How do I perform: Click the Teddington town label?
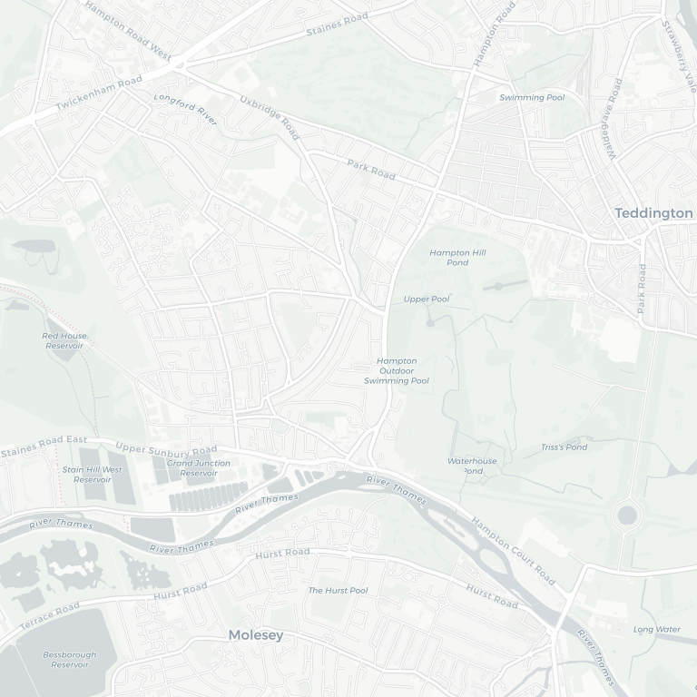tap(653, 212)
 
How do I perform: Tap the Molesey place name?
tap(256, 635)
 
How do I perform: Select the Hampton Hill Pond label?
tap(450, 258)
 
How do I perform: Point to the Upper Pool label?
tap(427, 299)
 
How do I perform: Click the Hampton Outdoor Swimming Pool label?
tap(397, 371)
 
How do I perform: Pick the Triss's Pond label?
tap(564, 447)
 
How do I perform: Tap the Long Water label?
tap(656, 629)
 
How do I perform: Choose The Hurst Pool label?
tap(338, 591)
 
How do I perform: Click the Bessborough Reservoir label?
tap(69, 659)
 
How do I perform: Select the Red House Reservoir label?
tap(64, 340)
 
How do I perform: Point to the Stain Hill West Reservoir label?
tap(92, 475)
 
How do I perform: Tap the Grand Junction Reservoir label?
tap(199, 468)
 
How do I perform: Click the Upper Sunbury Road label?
tap(167, 449)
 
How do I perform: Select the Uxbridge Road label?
tap(269, 117)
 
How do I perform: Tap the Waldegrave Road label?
tap(614, 118)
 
